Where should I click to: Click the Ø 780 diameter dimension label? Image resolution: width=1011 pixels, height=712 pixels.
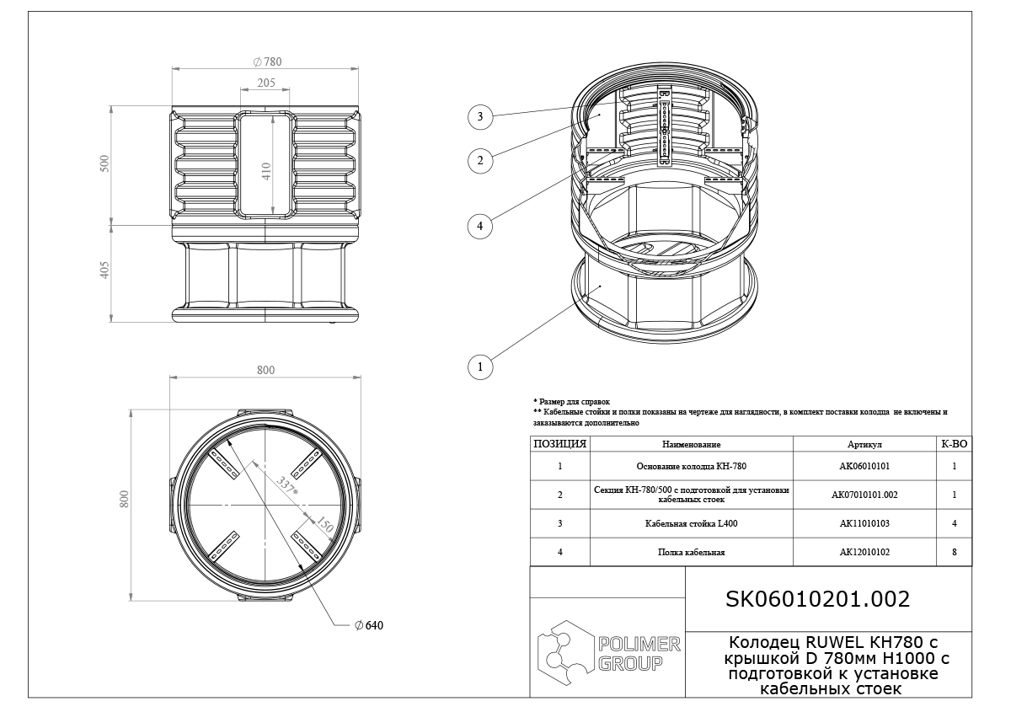pyautogui.click(x=267, y=62)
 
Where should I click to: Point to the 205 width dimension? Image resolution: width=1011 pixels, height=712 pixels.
pyautogui.click(x=266, y=83)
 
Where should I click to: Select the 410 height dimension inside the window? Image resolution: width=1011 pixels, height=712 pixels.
pyautogui.click(x=266, y=171)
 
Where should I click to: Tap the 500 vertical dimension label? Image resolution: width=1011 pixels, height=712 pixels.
pyautogui.click(x=104, y=163)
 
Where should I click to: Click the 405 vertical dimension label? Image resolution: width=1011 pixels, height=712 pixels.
pyautogui.click(x=104, y=270)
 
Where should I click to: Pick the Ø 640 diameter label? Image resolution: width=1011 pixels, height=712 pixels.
pyautogui.click(x=369, y=625)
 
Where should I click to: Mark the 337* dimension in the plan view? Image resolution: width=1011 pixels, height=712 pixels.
pyautogui.click(x=287, y=486)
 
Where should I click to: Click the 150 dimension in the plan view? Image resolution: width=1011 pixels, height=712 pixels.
pyautogui.click(x=324, y=524)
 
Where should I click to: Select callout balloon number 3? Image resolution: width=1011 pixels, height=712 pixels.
pyautogui.click(x=479, y=117)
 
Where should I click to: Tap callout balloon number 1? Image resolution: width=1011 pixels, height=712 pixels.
pyautogui.click(x=479, y=367)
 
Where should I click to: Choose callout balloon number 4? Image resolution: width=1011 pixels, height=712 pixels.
pyautogui.click(x=479, y=226)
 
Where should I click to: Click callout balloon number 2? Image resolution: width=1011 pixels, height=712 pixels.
pyautogui.click(x=479, y=160)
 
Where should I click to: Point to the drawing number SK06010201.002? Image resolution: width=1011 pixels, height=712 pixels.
pyautogui.click(x=817, y=599)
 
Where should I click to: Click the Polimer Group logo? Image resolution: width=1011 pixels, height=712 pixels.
pyautogui.click(x=609, y=653)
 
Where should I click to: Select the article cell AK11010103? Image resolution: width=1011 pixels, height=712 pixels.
pyautogui.click(x=864, y=524)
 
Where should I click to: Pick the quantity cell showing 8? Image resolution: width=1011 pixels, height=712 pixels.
pyautogui.click(x=954, y=552)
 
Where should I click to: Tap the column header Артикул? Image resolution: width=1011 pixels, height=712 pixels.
pyautogui.click(x=864, y=444)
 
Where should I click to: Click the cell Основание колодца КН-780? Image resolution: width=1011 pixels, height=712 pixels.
pyautogui.click(x=692, y=466)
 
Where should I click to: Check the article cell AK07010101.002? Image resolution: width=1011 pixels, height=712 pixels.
pyautogui.click(x=864, y=495)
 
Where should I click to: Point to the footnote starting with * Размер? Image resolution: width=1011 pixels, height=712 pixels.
pyautogui.click(x=571, y=401)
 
